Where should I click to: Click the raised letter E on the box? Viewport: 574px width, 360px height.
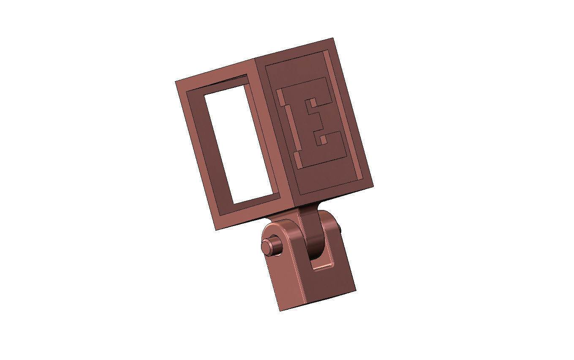pos(313,123)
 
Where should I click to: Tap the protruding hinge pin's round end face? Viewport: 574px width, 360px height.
pos(266,248)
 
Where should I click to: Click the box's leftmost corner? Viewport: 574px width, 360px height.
pos(176,81)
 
